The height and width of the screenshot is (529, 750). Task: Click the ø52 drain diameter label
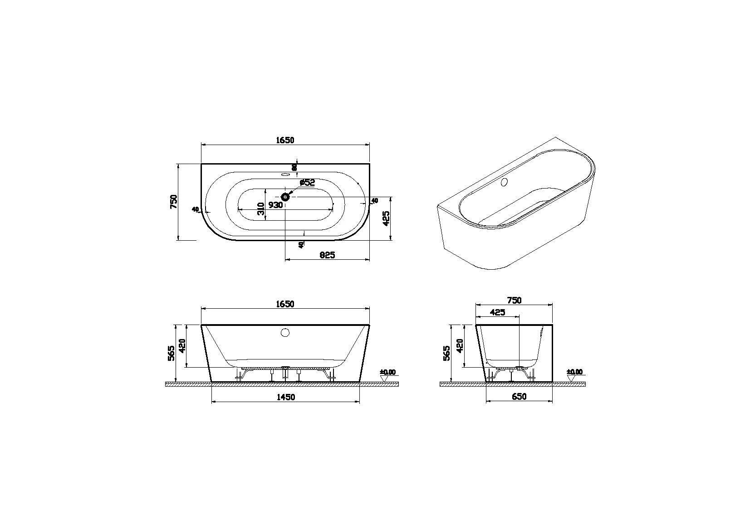coord(307,182)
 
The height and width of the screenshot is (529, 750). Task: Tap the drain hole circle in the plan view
coord(285,197)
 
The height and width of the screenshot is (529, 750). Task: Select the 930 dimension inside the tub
coord(275,205)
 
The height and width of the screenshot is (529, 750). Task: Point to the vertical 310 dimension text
coord(260,209)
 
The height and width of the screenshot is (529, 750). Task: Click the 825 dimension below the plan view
coord(327,255)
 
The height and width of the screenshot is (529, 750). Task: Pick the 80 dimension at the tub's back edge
coord(294,167)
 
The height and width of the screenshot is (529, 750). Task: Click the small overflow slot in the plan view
coord(285,174)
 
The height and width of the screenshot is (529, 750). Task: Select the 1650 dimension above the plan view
coord(285,140)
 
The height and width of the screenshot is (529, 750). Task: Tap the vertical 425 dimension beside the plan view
coord(386,218)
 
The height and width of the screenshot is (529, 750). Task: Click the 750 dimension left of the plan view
coord(173,201)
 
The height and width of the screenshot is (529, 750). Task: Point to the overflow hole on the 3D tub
coord(503,183)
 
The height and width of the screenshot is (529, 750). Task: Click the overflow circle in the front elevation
coord(285,333)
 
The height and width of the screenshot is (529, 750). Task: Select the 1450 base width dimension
coord(286,397)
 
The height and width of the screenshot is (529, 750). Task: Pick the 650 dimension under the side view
coord(519,397)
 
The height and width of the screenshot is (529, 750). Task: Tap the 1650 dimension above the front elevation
coord(285,304)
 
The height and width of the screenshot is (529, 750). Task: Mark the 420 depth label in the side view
coord(459,346)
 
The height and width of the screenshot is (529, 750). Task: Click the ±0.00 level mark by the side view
coord(574,372)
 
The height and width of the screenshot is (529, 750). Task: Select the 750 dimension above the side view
coord(514,300)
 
